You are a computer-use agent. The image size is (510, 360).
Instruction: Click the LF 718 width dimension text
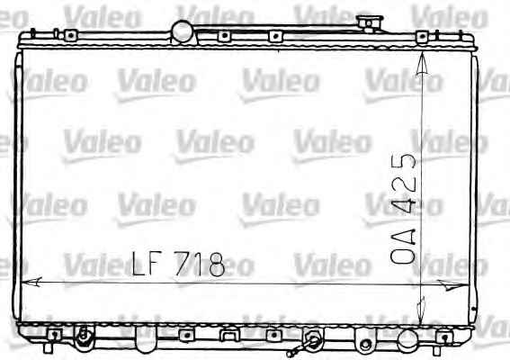tap(178, 264)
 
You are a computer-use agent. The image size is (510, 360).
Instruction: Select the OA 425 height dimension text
tap(403, 208)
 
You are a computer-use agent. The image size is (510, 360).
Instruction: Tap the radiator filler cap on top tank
tap(370, 23)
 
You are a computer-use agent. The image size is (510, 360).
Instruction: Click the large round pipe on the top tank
tap(182, 31)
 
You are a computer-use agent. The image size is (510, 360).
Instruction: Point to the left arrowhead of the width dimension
tap(31, 282)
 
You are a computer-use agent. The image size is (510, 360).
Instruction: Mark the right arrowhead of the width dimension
tap(452, 285)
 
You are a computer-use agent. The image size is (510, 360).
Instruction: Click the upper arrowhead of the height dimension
tap(422, 64)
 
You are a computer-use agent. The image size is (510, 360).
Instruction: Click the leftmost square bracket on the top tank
tap(70, 35)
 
